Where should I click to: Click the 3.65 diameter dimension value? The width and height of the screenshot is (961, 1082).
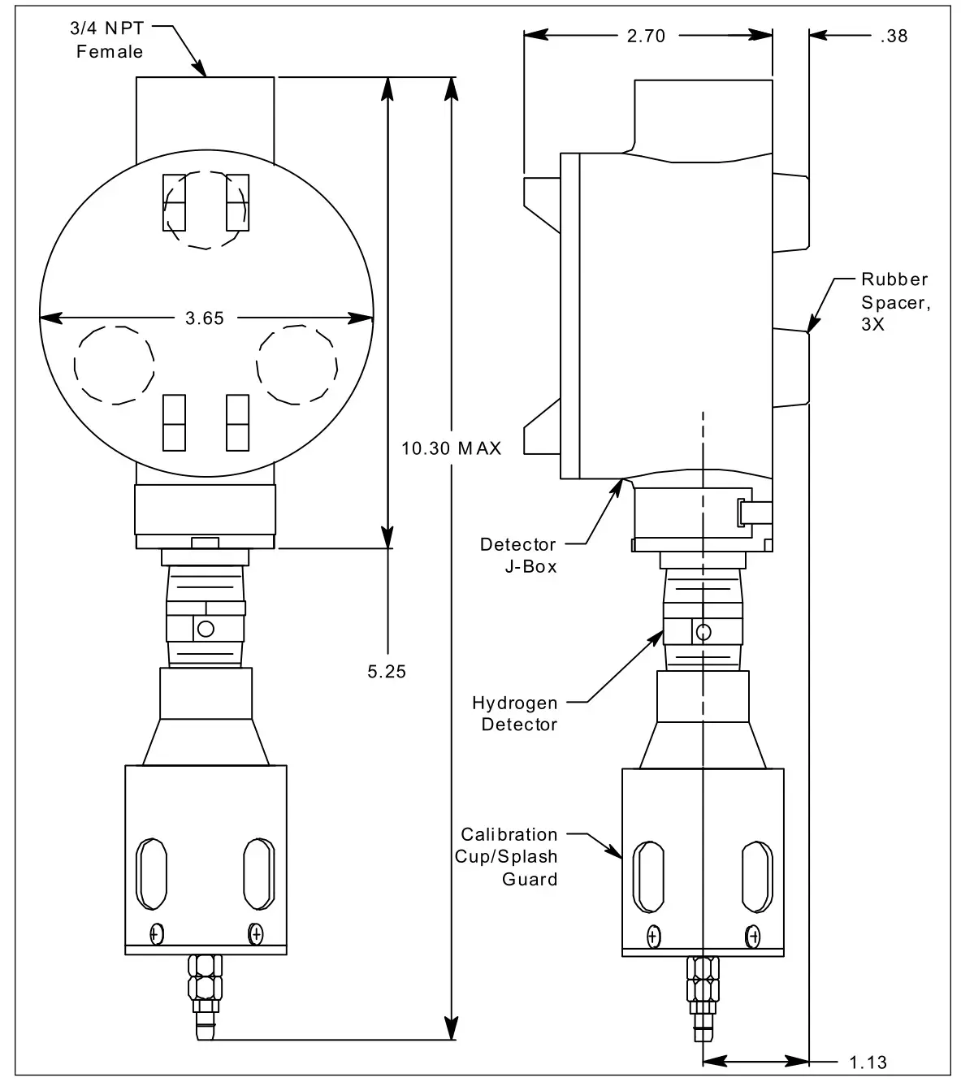pos(204,318)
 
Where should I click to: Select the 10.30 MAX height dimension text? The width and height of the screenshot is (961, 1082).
pos(452,448)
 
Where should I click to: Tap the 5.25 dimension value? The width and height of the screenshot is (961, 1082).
pos(387,671)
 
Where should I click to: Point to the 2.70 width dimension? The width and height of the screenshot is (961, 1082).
pos(646,36)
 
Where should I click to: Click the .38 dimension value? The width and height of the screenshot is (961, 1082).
pos(893,36)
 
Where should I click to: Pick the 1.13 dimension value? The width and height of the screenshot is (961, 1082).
pos(868,1062)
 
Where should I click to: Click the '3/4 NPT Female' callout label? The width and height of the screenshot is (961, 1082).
pos(110,41)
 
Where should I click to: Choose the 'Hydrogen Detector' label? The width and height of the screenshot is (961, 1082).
pos(515,713)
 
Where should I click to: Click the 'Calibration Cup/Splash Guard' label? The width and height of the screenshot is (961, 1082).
pos(509,856)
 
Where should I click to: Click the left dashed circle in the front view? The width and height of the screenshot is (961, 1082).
pos(115,365)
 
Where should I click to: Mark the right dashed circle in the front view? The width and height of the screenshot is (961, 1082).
pos(297,365)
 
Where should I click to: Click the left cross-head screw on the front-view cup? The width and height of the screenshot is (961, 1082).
pos(156,934)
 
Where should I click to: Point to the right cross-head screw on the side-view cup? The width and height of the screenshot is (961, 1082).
pos(754,936)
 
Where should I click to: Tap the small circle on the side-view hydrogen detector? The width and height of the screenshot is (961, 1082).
pos(704,632)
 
